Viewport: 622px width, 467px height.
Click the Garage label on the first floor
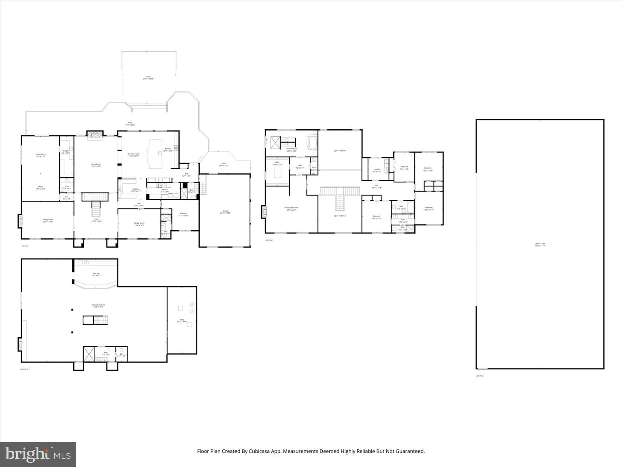(225, 212)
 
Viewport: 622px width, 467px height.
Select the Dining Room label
(139, 224)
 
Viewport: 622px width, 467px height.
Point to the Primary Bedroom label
(291, 209)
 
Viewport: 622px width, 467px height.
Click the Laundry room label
(377, 170)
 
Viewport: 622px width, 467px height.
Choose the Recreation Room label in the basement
(98, 306)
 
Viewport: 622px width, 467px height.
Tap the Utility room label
(182, 320)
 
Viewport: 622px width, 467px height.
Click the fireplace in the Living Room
(96, 135)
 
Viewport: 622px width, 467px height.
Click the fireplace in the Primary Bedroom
(264, 212)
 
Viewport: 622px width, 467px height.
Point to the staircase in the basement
(96, 320)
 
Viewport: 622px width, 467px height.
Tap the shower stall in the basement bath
(89, 354)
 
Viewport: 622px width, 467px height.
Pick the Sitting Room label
(40, 155)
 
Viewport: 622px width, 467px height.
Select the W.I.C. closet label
(277, 164)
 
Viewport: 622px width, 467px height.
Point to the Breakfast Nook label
(134, 155)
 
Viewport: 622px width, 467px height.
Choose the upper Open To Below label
(340, 150)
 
